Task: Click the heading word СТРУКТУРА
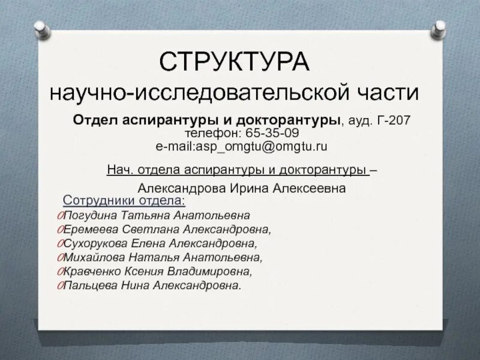[235, 62]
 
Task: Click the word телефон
[211, 133]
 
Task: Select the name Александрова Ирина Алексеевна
[241, 188]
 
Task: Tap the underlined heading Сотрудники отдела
[124, 200]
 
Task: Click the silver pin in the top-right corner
[439, 27]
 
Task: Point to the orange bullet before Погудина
[60, 215]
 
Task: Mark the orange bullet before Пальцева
[60, 286]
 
